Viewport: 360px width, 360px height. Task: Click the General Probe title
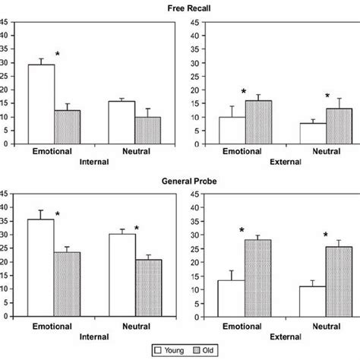179,182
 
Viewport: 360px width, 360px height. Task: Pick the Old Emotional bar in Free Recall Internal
67,127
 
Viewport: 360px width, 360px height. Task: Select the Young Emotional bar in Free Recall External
233,130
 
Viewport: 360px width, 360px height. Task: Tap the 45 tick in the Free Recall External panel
196,21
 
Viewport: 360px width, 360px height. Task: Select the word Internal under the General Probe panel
93,333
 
